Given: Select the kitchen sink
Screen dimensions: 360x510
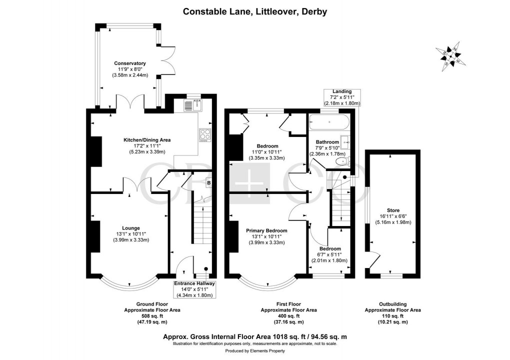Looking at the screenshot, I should pyautogui.click(x=192, y=104).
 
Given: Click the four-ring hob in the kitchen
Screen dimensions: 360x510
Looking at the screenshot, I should pyautogui.click(x=205, y=135).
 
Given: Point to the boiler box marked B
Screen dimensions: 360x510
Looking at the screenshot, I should pyautogui.click(x=208, y=183).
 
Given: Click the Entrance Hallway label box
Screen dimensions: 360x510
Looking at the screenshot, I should pyautogui.click(x=194, y=289).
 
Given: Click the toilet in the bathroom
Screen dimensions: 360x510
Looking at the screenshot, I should pyautogui.click(x=343, y=161).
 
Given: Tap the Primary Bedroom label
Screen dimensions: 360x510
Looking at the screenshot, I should pyautogui.click(x=265, y=231).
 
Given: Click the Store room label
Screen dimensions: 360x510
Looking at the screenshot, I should pyautogui.click(x=393, y=210).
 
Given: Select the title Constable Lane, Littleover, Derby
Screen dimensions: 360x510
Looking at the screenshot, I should pyautogui.click(x=254, y=11).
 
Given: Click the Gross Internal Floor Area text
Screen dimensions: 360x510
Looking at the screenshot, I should pyautogui.click(x=254, y=337).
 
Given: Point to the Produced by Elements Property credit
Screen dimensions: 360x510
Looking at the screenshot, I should pyautogui.click(x=254, y=351).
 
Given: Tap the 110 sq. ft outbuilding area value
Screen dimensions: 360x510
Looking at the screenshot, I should pyautogui.click(x=392, y=316).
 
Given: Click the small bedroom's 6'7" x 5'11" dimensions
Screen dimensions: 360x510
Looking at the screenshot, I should pyautogui.click(x=330, y=254).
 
